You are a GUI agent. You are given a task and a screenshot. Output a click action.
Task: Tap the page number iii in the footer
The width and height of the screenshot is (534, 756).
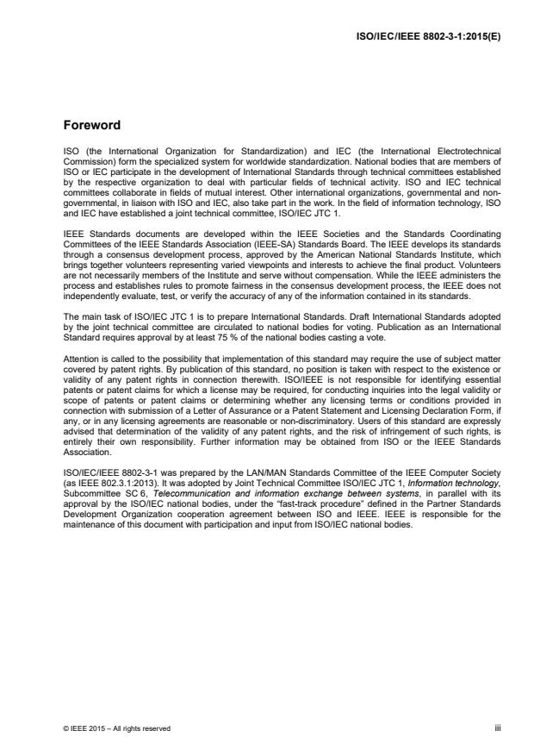click(496, 728)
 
